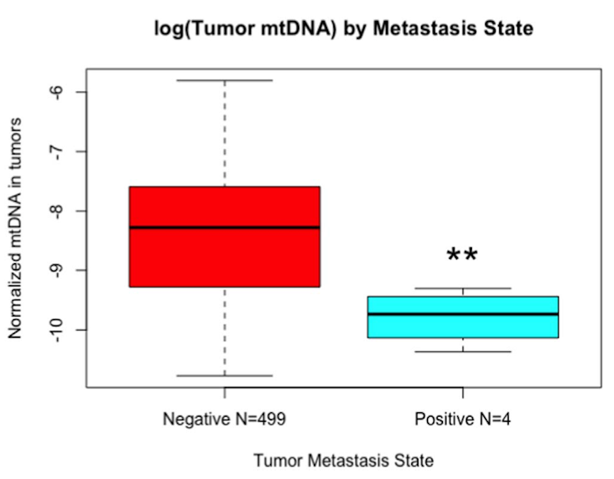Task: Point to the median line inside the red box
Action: coord(225,228)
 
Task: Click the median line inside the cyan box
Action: coord(463,314)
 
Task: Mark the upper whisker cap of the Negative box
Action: coord(225,80)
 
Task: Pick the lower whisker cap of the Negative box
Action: coord(225,375)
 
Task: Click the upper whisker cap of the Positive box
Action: coord(463,289)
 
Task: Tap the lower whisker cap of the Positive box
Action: coord(463,352)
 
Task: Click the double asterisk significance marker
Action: coord(462,255)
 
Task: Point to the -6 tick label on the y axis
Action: coord(60,92)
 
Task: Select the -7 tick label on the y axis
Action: coord(60,152)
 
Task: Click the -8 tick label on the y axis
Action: coord(60,211)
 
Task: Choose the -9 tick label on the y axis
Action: coord(60,270)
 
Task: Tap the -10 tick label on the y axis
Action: coord(60,329)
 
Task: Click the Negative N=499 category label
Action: coord(225,419)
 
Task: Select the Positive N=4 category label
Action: coord(463,419)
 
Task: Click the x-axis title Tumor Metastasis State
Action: coord(343,460)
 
